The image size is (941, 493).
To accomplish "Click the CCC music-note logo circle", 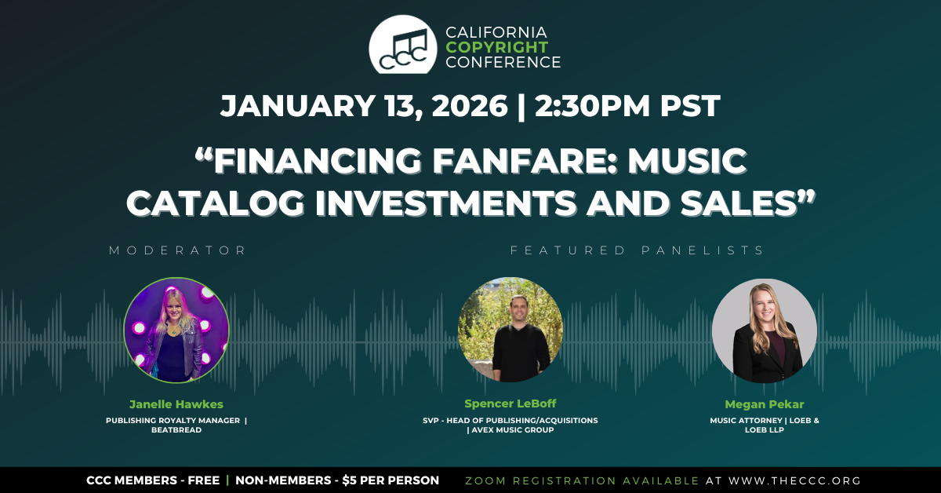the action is tap(403, 45).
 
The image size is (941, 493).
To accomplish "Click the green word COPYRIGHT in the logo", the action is tap(497, 47).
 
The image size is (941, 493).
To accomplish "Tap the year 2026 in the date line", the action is tap(470, 105).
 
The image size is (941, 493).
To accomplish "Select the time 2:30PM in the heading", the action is tap(592, 105).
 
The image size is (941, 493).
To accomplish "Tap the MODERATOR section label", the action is tap(177, 250).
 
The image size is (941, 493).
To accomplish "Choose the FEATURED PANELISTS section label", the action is tap(637, 250).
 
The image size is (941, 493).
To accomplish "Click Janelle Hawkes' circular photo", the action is tap(176, 330).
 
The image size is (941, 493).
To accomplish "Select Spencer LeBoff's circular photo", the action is tap(510, 330).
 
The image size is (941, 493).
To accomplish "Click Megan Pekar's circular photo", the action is tap(765, 330).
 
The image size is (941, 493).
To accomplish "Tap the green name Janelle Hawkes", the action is tap(176, 404).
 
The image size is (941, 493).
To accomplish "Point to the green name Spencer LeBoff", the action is tap(510, 404).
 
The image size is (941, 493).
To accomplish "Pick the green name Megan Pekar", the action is tap(764, 404).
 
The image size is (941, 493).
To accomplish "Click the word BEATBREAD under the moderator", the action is tap(176, 430).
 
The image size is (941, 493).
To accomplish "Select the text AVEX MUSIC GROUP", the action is tap(513, 430).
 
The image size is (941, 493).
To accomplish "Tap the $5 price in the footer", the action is tap(350, 480).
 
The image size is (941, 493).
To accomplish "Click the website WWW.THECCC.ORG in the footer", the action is tap(795, 480).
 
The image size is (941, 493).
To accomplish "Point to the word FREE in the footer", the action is tap(203, 480).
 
